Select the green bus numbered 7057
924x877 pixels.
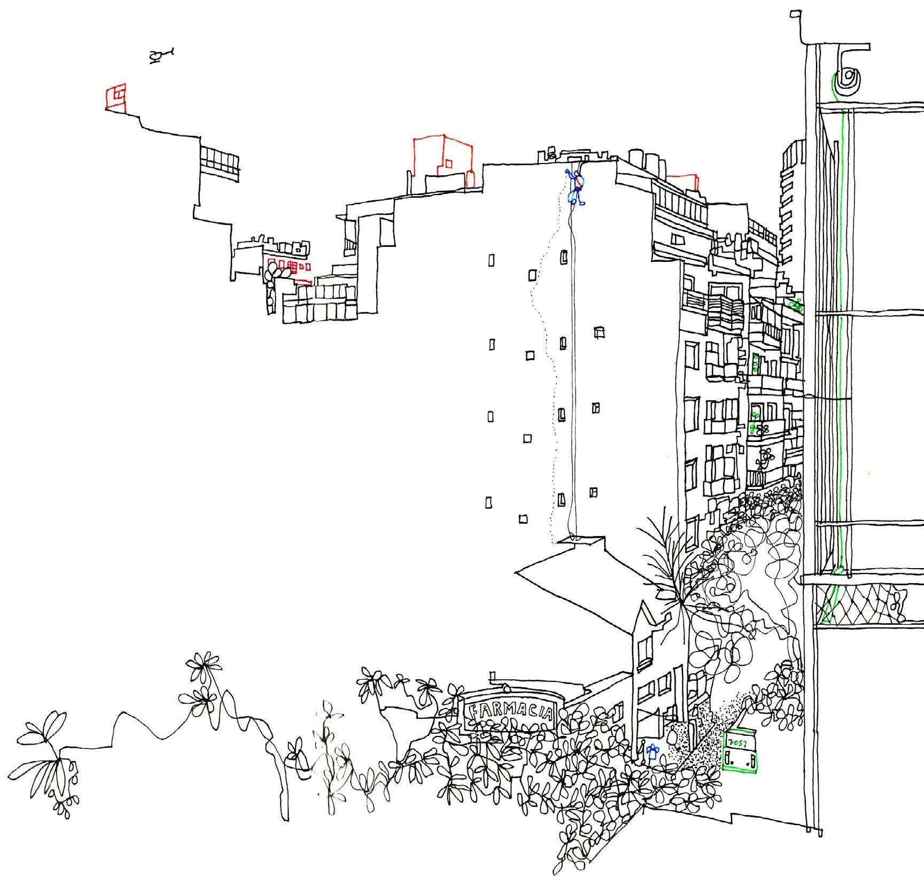click(740, 751)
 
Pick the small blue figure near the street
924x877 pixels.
click(651, 754)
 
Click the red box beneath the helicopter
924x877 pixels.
click(116, 98)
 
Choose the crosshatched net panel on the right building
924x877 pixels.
click(860, 604)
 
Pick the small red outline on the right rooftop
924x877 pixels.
click(684, 181)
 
